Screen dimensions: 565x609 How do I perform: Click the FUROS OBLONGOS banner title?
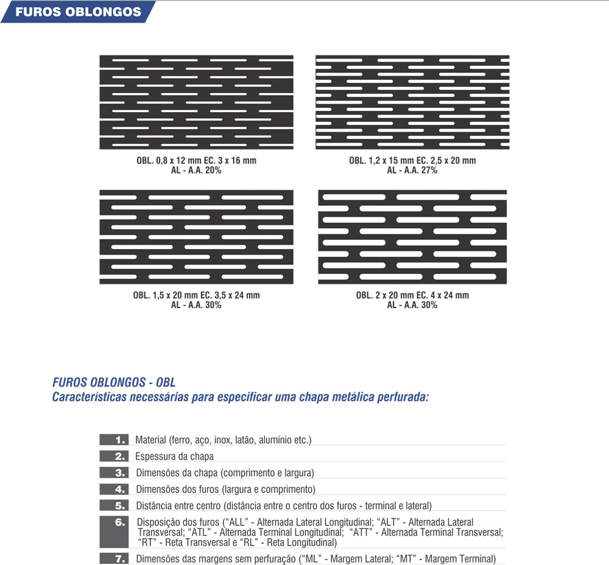(x=78, y=12)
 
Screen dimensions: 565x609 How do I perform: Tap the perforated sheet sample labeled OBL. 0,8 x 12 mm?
(x=196, y=102)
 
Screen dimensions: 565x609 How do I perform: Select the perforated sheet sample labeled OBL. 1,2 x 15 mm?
(x=412, y=102)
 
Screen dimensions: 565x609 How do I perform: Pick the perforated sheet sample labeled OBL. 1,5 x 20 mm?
(x=196, y=237)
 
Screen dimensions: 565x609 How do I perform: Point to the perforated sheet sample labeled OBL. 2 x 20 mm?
(x=412, y=237)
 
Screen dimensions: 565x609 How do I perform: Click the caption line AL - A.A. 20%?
(x=196, y=170)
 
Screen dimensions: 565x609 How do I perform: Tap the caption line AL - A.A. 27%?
(x=412, y=170)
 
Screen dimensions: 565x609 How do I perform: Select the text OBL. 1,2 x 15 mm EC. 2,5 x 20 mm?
(x=412, y=161)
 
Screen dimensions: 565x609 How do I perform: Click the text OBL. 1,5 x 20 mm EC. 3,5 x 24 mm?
(x=196, y=295)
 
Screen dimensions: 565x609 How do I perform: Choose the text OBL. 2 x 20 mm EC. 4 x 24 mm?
(x=412, y=295)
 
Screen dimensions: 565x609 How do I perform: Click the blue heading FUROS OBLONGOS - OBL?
(x=114, y=384)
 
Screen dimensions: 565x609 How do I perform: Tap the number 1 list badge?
(x=114, y=440)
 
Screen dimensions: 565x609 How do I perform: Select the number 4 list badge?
(x=114, y=489)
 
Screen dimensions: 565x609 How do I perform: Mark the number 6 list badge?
(x=114, y=532)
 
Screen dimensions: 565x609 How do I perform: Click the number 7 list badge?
(x=114, y=558)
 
